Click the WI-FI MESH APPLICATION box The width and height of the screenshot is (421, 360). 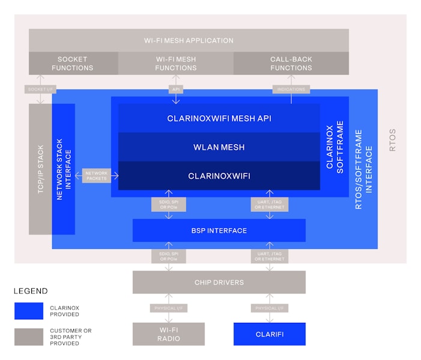coord(189,40)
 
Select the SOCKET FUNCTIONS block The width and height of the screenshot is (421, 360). coord(73,64)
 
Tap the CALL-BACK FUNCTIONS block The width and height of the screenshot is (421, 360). coord(291,64)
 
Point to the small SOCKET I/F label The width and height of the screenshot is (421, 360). coord(40,89)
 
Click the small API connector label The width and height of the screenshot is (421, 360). coord(175,89)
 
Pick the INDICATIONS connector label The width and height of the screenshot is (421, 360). coord(292,89)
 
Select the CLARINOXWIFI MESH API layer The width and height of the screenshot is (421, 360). coord(219,118)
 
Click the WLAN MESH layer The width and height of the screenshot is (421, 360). coord(219,147)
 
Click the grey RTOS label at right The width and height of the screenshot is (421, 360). coord(393,140)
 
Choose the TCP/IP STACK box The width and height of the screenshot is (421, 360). coord(40,168)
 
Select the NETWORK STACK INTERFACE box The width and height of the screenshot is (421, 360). coord(64,168)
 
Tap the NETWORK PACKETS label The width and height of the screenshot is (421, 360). coord(97,176)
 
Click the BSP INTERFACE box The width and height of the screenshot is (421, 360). coord(219,230)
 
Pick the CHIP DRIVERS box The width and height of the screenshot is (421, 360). coord(219,282)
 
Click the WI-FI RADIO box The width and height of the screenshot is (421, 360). coord(168,334)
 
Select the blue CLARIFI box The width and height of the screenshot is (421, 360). coord(269,334)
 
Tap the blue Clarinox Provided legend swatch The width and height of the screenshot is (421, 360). coord(29,311)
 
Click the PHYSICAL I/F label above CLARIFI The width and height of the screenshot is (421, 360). coord(270,308)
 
